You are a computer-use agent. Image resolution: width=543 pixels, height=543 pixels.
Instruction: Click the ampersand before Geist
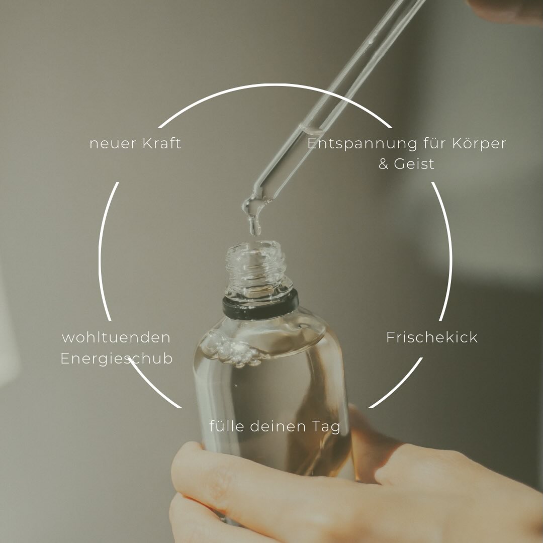tap(383, 164)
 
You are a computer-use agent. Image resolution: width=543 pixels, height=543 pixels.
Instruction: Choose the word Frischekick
tap(432, 337)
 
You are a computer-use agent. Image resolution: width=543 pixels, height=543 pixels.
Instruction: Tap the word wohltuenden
tap(116, 337)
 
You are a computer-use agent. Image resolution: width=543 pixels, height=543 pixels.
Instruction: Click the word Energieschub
tap(117, 359)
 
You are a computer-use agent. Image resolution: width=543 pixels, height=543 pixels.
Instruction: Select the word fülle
tap(226, 426)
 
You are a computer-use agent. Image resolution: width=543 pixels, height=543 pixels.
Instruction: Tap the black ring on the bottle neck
tap(260, 304)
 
